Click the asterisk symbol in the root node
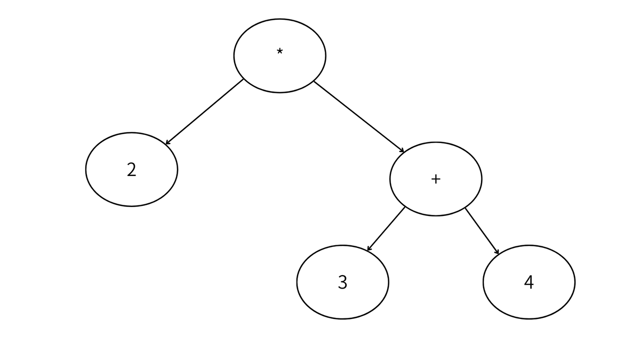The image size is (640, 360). tap(279, 52)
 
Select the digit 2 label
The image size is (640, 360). tap(131, 170)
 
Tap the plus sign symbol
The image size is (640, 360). tap(436, 179)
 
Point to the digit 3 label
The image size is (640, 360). tap(342, 282)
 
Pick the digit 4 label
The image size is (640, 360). tap(529, 282)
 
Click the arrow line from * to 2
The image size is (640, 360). tap(205, 111)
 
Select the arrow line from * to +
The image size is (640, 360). tap(359, 117)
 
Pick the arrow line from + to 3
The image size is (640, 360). tap(386, 229)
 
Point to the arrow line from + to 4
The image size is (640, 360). tap(482, 231)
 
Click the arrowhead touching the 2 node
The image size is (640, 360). tap(167, 142)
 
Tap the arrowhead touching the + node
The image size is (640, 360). tap(402, 150)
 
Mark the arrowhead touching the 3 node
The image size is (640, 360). tap(369, 249)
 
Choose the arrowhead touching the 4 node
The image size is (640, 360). tap(498, 252)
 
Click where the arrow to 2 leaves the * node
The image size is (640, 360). tap(243, 79)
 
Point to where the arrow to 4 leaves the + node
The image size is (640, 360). tap(465, 208)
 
